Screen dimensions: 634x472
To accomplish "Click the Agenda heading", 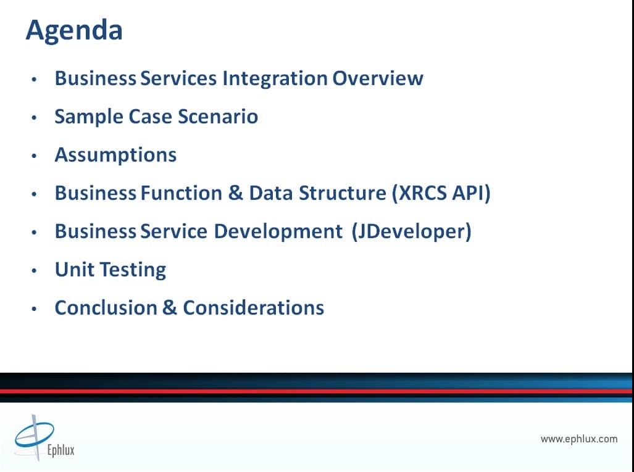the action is [x=74, y=31].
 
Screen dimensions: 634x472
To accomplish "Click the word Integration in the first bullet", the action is [x=275, y=78].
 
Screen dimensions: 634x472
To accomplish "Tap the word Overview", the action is [x=378, y=78].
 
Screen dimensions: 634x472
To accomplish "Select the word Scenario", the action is [x=218, y=117].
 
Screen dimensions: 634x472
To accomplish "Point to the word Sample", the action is [x=90, y=117].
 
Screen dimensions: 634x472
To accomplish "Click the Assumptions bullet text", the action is [x=115, y=155].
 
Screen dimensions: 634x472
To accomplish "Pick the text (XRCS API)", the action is [x=441, y=193].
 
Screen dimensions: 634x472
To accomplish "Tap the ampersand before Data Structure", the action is [x=235, y=193].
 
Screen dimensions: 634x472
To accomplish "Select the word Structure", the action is [x=343, y=193].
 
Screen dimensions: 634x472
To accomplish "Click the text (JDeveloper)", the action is [x=412, y=231].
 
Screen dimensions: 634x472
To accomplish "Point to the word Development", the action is [x=278, y=232].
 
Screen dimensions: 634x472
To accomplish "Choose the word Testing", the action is [x=133, y=270].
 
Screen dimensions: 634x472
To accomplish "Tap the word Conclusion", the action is [x=106, y=308].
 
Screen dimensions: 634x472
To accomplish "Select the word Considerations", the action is [x=254, y=308].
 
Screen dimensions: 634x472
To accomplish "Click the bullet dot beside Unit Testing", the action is [x=34, y=271].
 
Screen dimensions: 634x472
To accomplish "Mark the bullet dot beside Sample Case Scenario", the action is [x=34, y=118].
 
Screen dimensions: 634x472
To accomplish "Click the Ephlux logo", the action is [x=44, y=438].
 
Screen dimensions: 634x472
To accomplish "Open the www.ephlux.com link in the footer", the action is [x=579, y=439].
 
